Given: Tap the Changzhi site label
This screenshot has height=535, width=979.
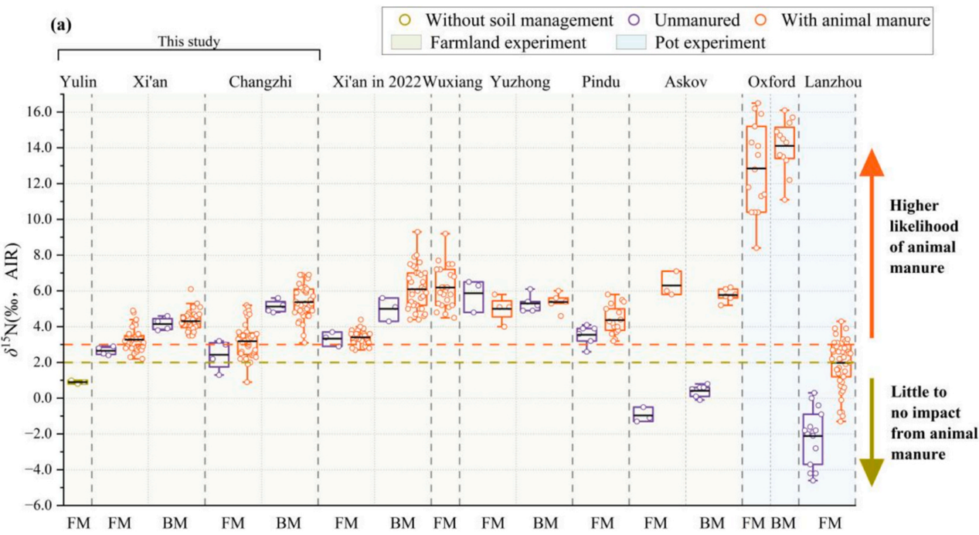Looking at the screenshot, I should pos(260,82).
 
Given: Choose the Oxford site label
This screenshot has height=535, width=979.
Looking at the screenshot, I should pos(768,82).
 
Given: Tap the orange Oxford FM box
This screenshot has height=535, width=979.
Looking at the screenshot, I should pos(756,169).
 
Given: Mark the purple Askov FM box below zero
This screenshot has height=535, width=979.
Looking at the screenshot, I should pos(644,414).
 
